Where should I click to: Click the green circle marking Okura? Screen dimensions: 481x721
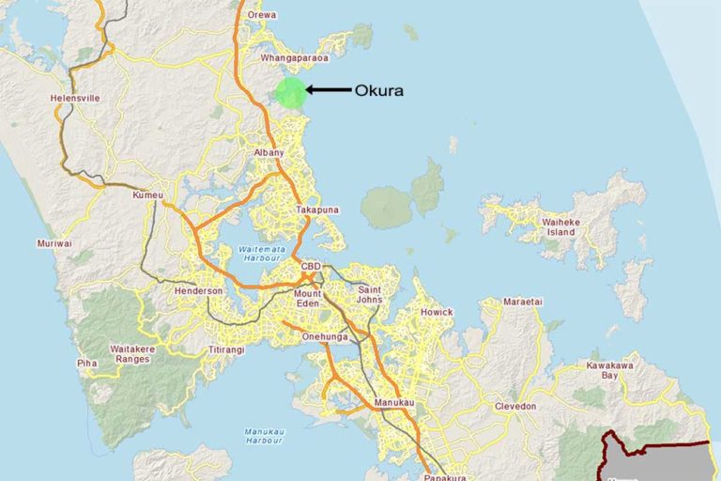[x=291, y=93]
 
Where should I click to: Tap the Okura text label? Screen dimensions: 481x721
[x=378, y=91]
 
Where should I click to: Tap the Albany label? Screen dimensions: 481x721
[x=268, y=152]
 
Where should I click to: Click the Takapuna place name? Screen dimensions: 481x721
[x=316, y=209]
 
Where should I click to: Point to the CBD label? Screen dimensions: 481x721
[x=311, y=267]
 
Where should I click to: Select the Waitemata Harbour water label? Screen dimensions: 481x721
[x=248, y=251]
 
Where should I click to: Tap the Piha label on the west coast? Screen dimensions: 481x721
[x=86, y=362]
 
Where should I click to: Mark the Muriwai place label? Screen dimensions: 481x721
[x=54, y=243]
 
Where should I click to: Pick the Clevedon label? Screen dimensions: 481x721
[x=515, y=406]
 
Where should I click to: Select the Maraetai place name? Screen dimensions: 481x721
[x=523, y=303]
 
